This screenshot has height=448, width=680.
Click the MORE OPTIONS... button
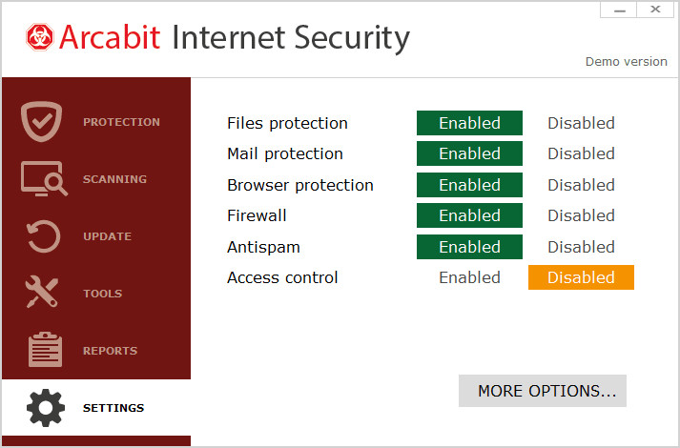(x=542, y=391)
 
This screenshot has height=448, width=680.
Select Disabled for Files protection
(x=581, y=123)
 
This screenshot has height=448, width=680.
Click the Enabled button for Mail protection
(x=469, y=153)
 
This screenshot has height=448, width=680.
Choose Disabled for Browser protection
(x=581, y=185)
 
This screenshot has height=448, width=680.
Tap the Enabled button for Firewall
(x=469, y=215)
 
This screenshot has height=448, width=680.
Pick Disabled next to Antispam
(x=581, y=247)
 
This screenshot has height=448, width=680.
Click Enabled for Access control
(x=469, y=277)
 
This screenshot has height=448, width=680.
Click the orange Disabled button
(x=581, y=277)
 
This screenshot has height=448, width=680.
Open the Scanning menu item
(x=114, y=179)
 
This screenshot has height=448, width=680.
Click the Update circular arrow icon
(x=43, y=236)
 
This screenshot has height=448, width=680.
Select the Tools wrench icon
(x=43, y=294)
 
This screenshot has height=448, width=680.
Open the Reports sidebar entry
(x=110, y=351)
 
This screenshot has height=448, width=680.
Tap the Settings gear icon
(x=45, y=408)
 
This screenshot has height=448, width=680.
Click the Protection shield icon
(x=41, y=122)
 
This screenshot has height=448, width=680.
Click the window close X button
(x=655, y=10)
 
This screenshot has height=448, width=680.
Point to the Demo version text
(x=626, y=61)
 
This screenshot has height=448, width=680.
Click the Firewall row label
(x=257, y=215)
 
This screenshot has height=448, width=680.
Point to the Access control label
(x=282, y=277)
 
